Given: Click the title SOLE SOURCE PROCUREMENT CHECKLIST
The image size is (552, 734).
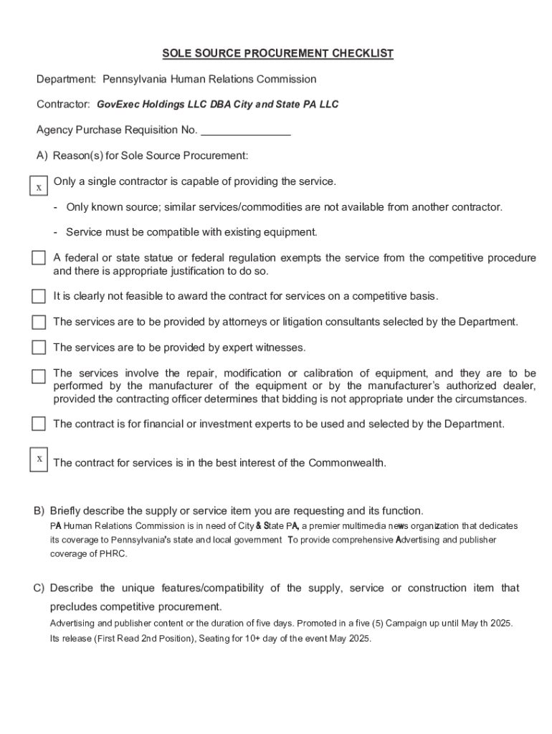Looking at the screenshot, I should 277,54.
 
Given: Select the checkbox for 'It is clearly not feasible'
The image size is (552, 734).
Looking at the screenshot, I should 39,297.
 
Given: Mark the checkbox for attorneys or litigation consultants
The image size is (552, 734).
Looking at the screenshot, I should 39,322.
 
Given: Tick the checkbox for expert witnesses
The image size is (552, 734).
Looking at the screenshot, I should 39,348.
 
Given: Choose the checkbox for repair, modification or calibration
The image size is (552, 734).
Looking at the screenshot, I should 39,376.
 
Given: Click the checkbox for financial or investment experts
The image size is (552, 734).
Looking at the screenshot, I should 39,424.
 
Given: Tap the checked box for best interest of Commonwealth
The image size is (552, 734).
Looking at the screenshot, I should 39,459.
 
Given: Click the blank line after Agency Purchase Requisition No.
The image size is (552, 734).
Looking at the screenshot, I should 246,130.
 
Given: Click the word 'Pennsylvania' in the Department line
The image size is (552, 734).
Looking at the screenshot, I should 135,79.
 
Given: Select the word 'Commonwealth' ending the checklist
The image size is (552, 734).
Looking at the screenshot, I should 347,463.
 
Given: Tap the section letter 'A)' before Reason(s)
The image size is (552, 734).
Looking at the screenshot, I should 42,156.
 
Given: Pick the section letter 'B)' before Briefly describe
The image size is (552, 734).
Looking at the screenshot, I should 39,511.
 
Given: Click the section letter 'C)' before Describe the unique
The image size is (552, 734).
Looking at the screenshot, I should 39,588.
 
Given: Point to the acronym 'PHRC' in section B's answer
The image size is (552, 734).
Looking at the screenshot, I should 113,554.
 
